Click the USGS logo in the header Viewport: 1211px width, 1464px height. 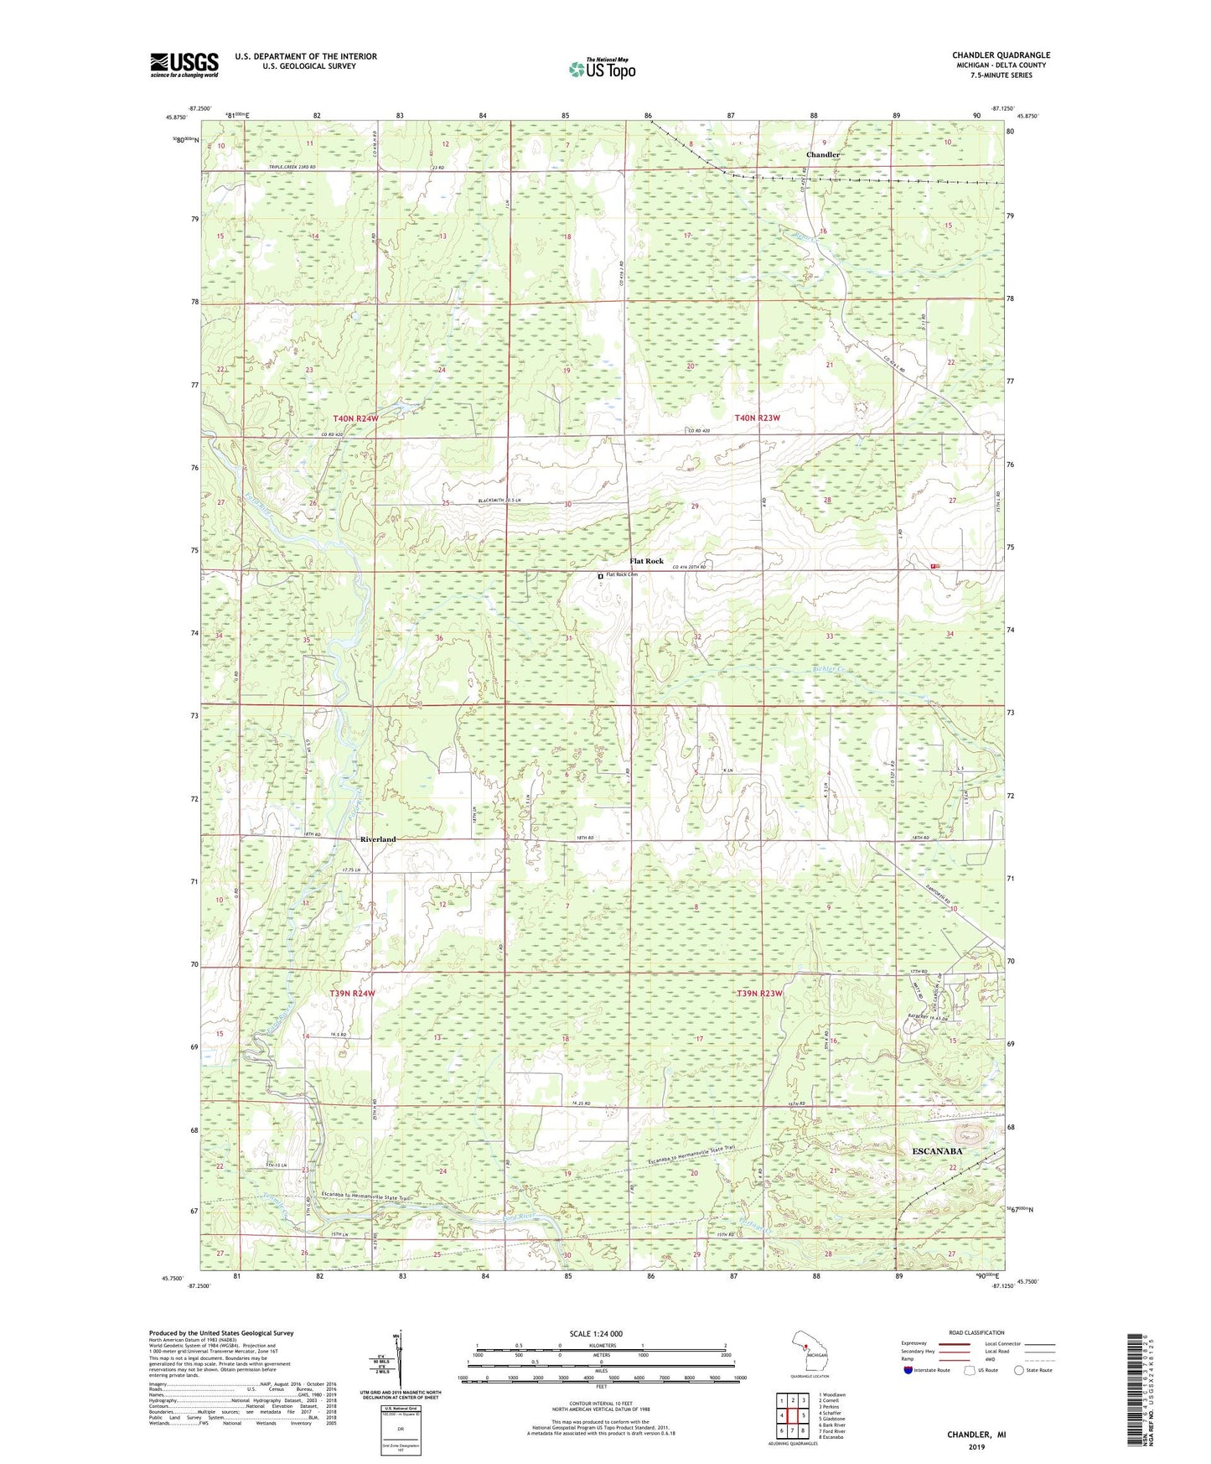(184, 65)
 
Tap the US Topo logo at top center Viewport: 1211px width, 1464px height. (602, 70)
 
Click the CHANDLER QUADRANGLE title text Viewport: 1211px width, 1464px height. (1001, 55)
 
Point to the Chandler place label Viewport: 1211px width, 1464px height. (822, 155)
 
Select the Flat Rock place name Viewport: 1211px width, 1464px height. (646, 561)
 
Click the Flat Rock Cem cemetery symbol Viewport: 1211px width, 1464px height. (600, 576)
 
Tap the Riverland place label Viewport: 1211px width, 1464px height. (377, 839)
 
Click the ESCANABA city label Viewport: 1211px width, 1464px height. (937, 1151)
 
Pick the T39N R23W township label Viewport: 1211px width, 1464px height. (758, 994)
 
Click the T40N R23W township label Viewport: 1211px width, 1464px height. (757, 418)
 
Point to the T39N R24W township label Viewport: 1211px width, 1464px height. (352, 993)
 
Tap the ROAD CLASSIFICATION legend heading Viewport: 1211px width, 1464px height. (976, 1332)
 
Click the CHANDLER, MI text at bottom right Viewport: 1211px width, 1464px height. (976, 1435)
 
